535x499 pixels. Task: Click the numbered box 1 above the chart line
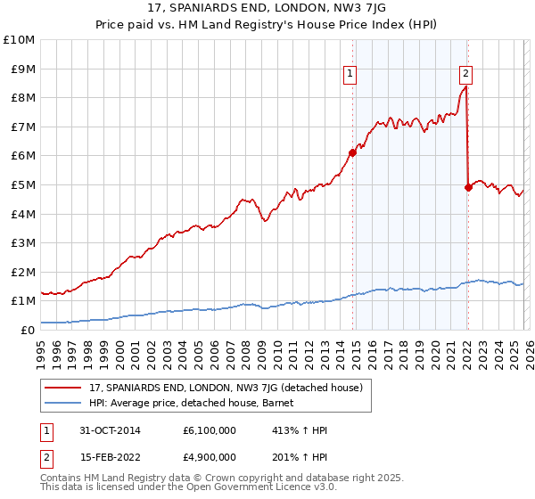350,74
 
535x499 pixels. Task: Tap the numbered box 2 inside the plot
466,74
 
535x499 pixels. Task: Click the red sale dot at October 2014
353,152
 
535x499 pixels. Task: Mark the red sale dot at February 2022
468,187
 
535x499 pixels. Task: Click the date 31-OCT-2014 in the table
106,430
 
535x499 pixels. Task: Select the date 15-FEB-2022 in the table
106,457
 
